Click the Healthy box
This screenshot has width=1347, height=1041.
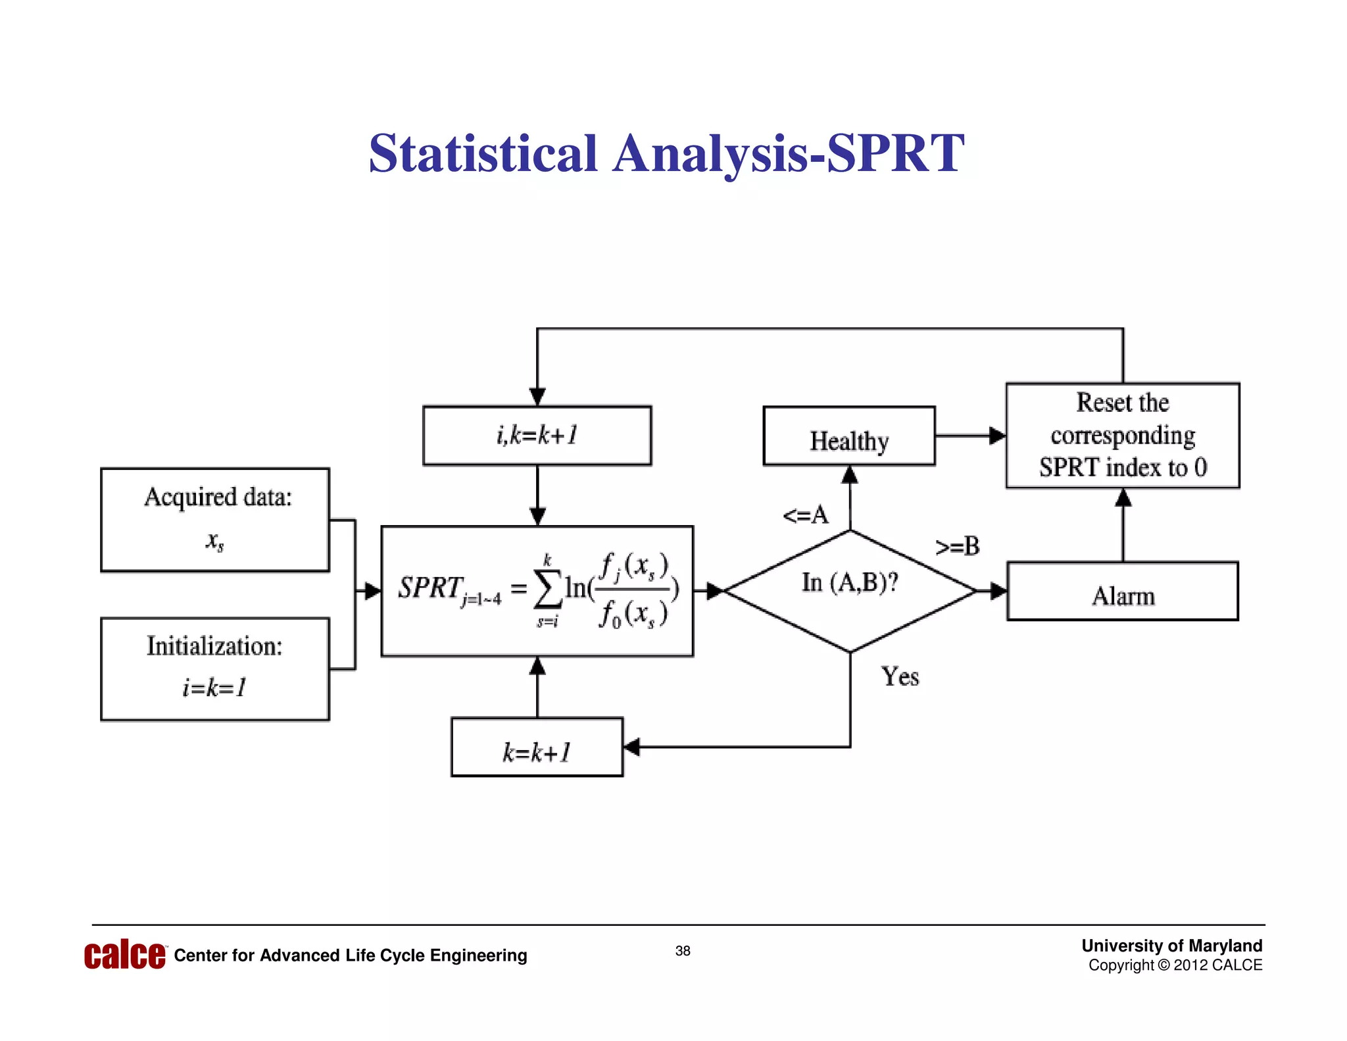coord(849,436)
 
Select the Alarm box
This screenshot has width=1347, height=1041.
coord(1123,592)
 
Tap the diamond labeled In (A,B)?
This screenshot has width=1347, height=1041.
coord(850,590)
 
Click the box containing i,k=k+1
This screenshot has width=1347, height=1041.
coord(537,436)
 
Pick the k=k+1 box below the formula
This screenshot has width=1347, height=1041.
coord(537,748)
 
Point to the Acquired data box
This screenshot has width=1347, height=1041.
coord(215,520)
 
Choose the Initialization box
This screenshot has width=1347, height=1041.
coord(215,669)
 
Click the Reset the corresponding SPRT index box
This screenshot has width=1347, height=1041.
coord(1123,436)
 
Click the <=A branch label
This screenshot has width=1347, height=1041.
coord(806,515)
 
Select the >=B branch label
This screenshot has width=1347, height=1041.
coord(958,546)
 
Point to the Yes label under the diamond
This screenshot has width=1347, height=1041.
coord(900,676)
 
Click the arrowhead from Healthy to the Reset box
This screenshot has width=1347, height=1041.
coord(997,436)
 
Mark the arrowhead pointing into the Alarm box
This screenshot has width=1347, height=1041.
coord(998,592)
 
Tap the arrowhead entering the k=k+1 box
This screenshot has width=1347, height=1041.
coord(631,747)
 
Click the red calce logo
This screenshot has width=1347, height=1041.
coord(125,955)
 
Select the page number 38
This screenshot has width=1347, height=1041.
coord(683,951)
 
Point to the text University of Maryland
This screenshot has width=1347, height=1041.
coord(1171,946)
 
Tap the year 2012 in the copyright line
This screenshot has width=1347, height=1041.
coord(1190,965)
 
